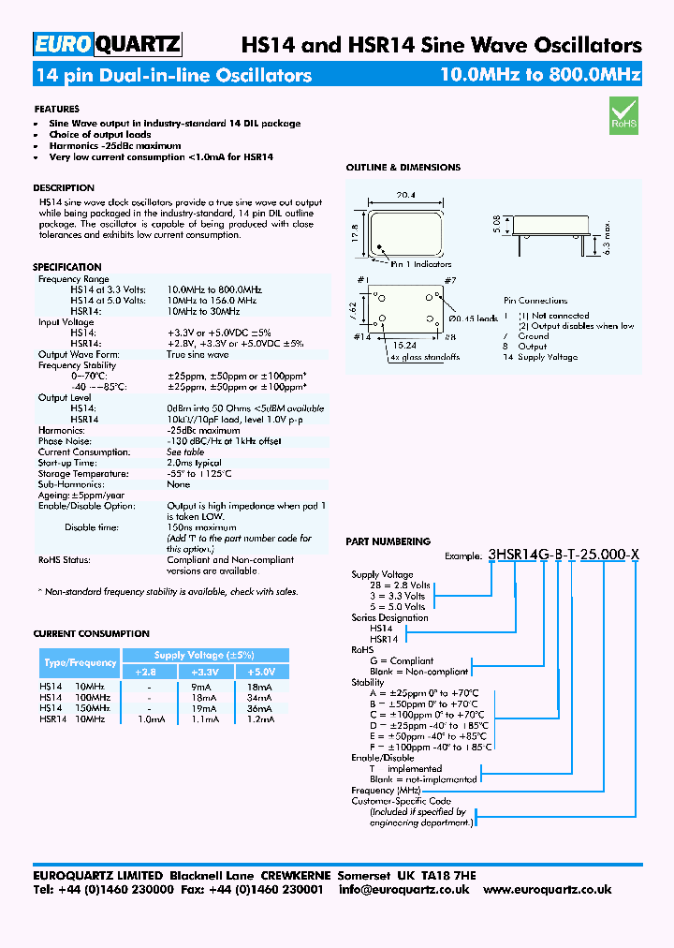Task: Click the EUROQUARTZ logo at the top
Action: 107,44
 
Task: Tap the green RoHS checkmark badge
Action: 623,114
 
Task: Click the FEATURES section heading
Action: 56,110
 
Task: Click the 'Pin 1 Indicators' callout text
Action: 420,265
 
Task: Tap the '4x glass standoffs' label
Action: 425,357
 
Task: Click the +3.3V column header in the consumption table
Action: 203,672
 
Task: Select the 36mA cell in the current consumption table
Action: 260,708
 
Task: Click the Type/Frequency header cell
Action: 80,663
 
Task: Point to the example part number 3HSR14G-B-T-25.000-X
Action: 564,555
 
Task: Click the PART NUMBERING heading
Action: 388,541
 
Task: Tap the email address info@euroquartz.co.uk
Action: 403,890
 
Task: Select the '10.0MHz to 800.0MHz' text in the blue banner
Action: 540,75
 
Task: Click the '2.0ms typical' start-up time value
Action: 193,463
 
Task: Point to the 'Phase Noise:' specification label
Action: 63,441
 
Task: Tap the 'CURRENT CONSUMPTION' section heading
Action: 91,634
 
